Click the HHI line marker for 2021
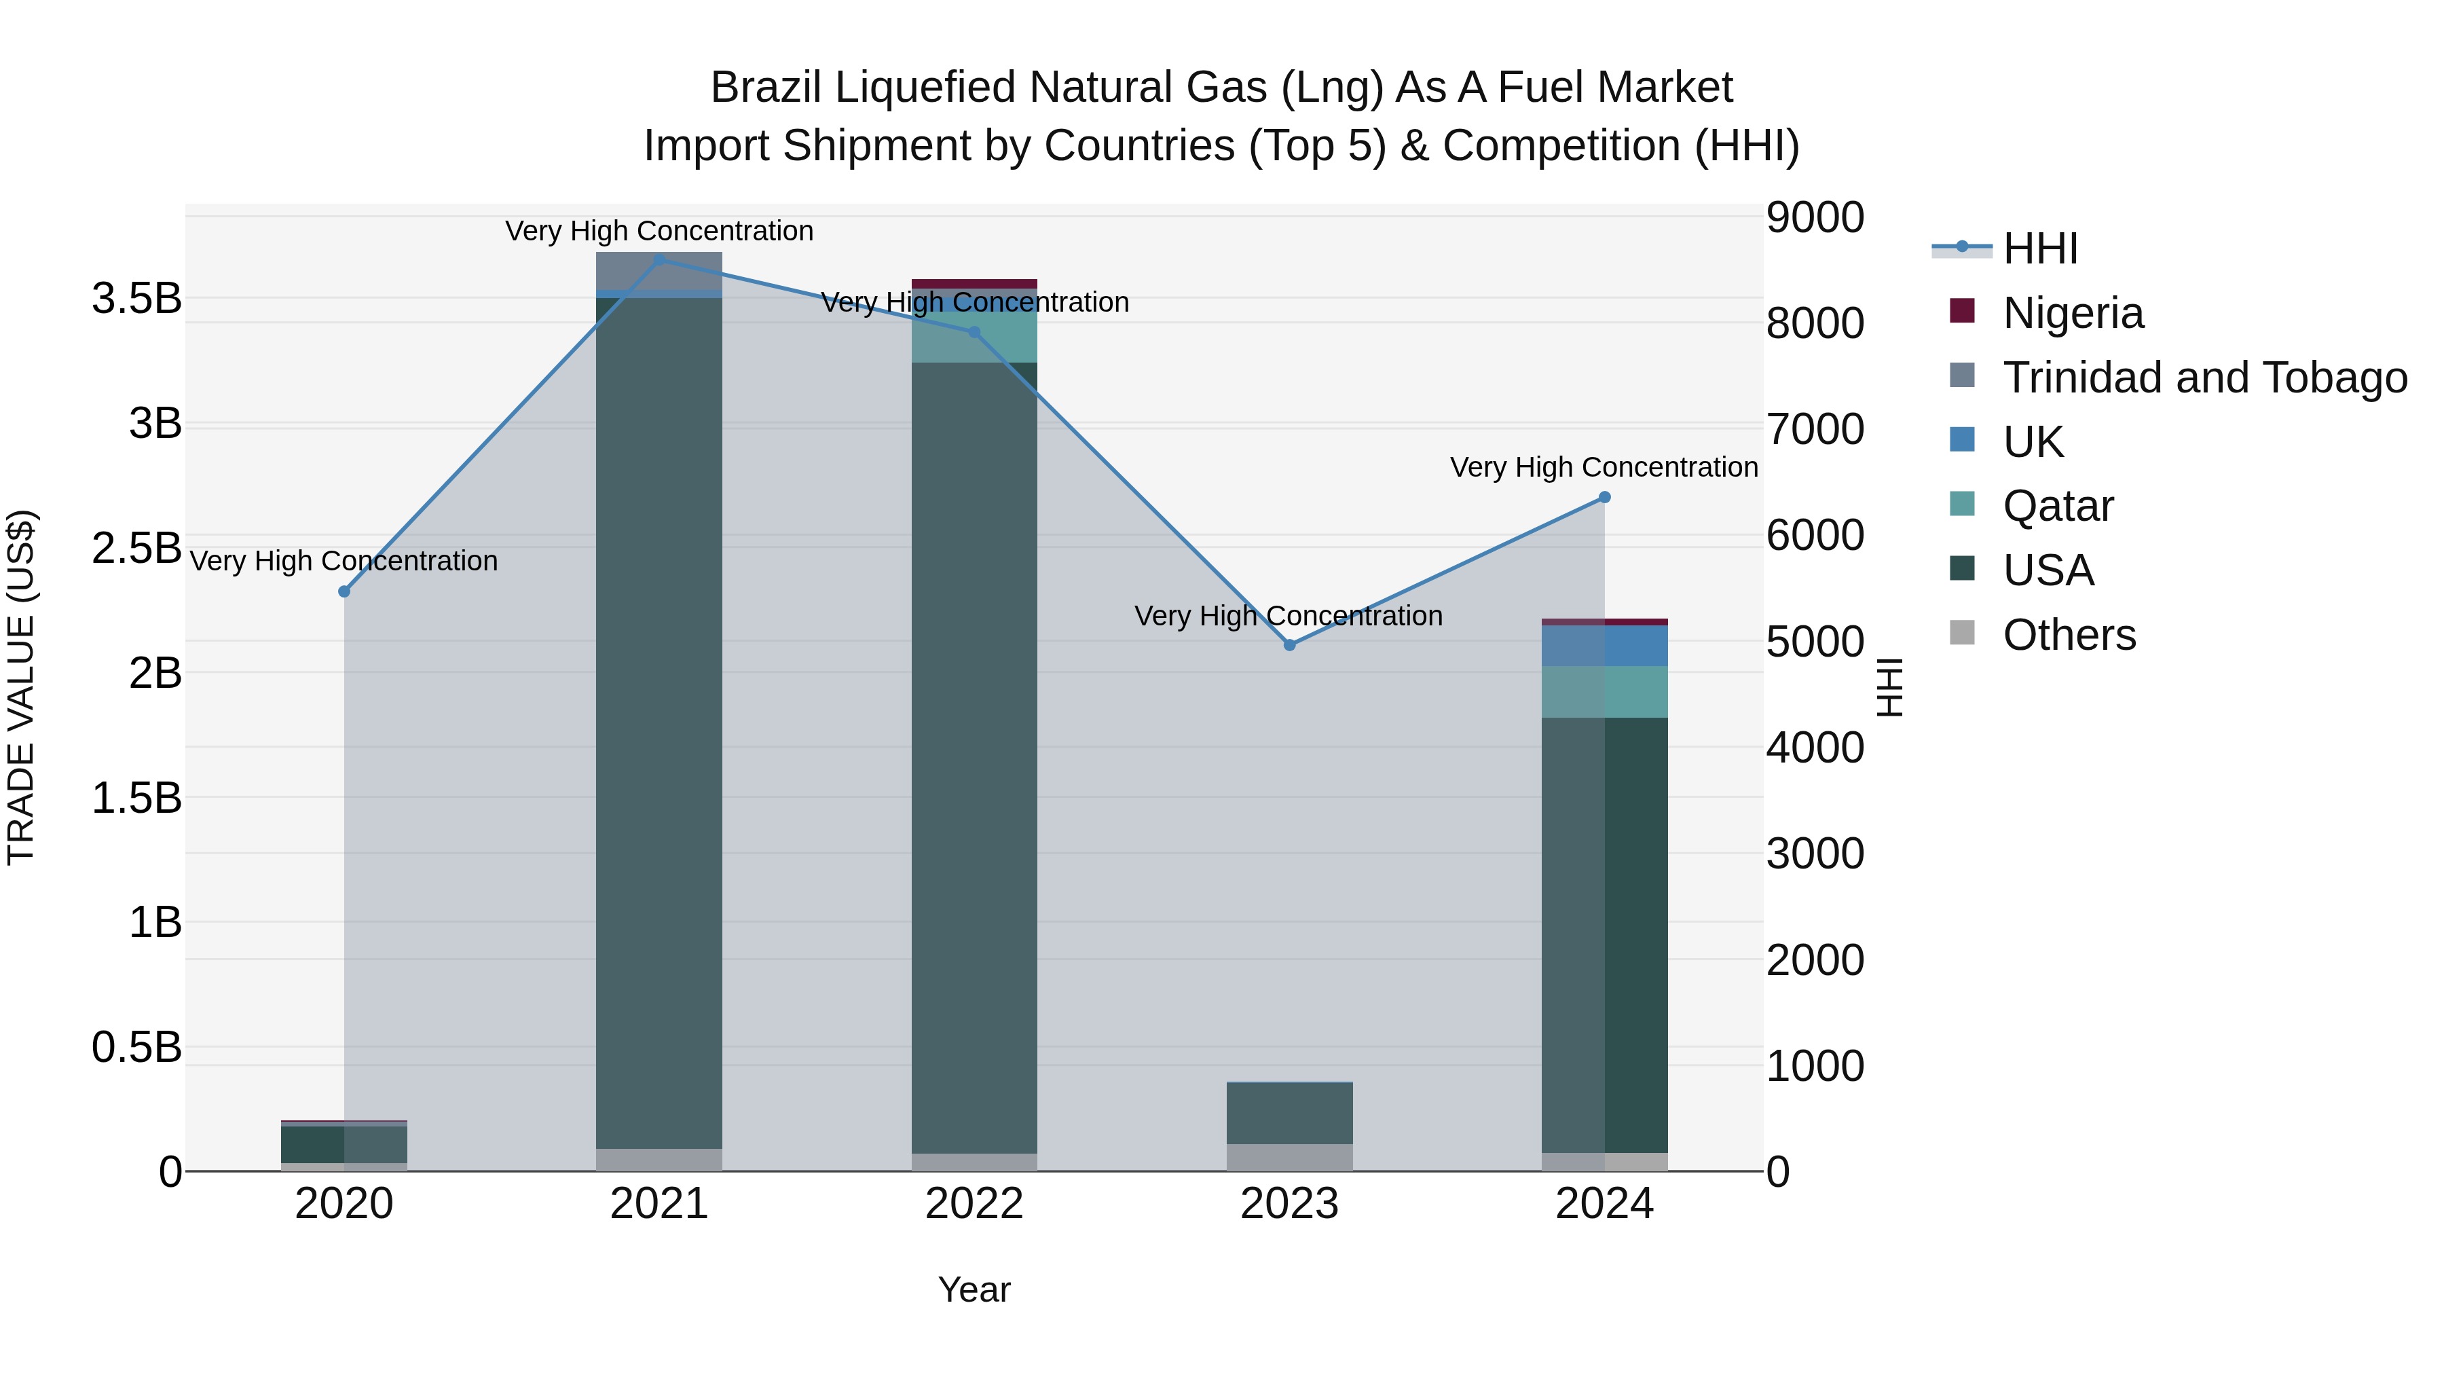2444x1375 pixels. pyautogui.click(x=659, y=259)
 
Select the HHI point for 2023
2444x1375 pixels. pyautogui.click(x=1289, y=645)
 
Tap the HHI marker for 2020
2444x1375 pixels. pyautogui.click(x=344, y=592)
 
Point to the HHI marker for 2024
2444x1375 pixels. pyautogui.click(x=1604, y=497)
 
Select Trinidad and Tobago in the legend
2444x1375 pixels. pyautogui.click(x=2204, y=378)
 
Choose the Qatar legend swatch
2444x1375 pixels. pyautogui.click(x=1962, y=504)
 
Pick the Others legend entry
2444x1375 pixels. pyautogui.click(x=2069, y=635)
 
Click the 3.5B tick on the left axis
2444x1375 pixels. pyautogui.click(x=136, y=299)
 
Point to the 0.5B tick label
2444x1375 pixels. pyautogui.click(x=136, y=1048)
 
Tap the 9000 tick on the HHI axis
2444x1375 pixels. pyautogui.click(x=1814, y=217)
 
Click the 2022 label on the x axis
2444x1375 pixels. pyautogui.click(x=974, y=1204)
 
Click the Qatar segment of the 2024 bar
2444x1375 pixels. pyautogui.click(x=1604, y=692)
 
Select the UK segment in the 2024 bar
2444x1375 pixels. pyautogui.click(x=1604, y=646)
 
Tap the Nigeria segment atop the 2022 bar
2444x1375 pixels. pyautogui.click(x=974, y=284)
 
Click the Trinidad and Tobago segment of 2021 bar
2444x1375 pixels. pyautogui.click(x=659, y=270)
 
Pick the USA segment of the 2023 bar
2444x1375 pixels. pyautogui.click(x=1289, y=1113)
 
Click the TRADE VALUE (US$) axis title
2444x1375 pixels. pyautogui.click(x=21, y=687)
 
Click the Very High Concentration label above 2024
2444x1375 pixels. pyautogui.click(x=1604, y=468)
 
